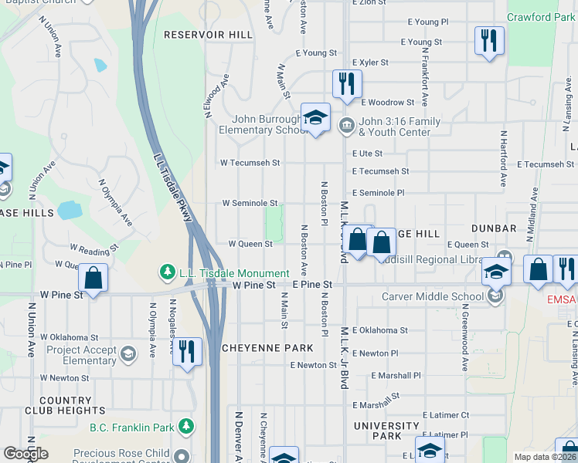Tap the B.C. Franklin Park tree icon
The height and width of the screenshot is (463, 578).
185,426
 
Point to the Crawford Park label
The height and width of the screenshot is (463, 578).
540,17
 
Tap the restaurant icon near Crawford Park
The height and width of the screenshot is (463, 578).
488,39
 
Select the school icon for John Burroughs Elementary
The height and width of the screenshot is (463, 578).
315,117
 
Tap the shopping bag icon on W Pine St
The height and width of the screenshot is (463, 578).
93,277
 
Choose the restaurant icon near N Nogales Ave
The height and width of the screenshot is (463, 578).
187,351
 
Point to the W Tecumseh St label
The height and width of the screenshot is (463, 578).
250,163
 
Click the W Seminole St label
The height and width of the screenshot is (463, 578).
250,203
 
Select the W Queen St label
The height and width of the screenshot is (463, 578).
250,243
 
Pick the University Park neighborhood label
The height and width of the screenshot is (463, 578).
387,431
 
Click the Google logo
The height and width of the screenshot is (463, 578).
25,454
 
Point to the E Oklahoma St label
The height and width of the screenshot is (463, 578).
380,330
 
